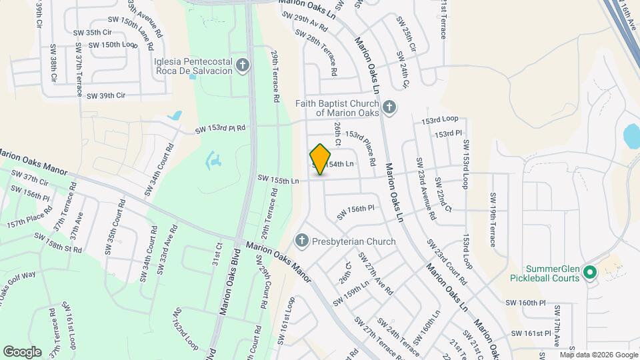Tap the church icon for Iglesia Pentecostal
coord(243,65)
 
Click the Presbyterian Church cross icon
coord(301,241)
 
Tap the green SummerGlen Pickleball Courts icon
coord(589,272)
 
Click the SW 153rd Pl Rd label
coord(220,128)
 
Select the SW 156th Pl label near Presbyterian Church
coord(356,212)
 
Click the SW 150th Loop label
coord(113,45)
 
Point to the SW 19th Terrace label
coord(493,219)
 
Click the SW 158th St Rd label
coord(59,243)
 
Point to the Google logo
coord(22,351)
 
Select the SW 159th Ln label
coord(352,293)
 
